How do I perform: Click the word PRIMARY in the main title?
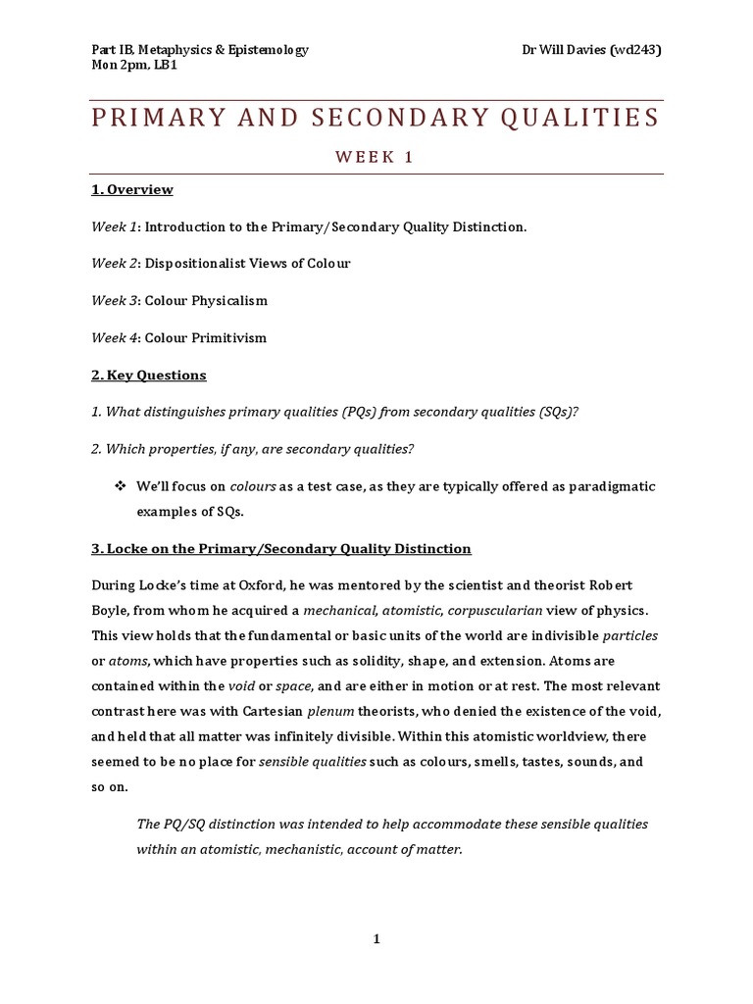pos(158,119)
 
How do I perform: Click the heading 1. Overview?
pos(132,189)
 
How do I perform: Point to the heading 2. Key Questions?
pos(149,375)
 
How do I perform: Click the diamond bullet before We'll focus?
pos(122,486)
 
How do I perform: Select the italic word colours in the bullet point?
pos(254,486)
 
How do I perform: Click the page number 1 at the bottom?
pos(376,938)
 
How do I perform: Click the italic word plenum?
pos(324,710)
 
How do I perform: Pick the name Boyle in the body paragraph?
pos(112,610)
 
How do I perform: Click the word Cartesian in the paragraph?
pos(267,710)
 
